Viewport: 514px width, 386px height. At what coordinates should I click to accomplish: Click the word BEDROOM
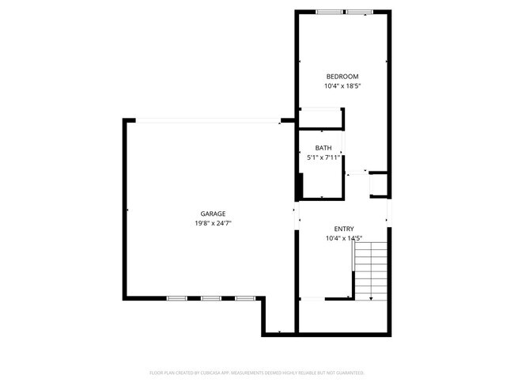(x=343, y=76)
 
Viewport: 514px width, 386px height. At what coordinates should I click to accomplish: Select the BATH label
(x=323, y=148)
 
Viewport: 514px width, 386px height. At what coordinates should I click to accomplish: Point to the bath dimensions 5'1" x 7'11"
(x=323, y=157)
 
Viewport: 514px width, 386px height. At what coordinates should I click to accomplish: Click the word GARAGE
(x=213, y=214)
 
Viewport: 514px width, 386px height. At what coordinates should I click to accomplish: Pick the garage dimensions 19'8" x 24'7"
(x=213, y=223)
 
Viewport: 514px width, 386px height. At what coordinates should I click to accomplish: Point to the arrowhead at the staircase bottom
(x=372, y=299)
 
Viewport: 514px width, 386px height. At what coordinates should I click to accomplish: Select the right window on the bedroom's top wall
(x=358, y=12)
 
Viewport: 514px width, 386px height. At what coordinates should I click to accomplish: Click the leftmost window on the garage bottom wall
(x=176, y=298)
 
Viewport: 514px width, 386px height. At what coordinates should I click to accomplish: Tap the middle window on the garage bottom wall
(x=210, y=298)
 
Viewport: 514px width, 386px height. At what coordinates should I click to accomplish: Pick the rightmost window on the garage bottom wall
(x=244, y=298)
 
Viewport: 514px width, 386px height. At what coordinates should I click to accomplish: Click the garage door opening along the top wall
(x=207, y=121)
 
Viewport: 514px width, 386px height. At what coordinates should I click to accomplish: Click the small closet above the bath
(x=320, y=118)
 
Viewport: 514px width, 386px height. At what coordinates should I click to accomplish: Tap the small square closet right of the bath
(x=377, y=184)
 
